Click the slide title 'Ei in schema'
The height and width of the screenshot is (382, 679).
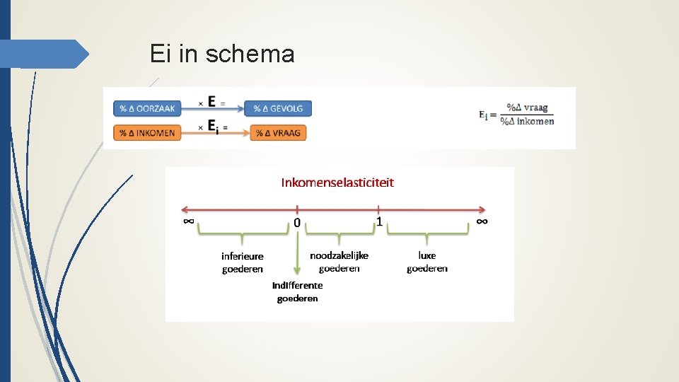[x=222, y=54]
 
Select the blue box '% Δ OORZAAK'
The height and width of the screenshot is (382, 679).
[x=147, y=108]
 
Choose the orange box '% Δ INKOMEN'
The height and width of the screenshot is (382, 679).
[x=147, y=132]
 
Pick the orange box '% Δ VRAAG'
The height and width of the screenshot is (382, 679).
[x=278, y=132]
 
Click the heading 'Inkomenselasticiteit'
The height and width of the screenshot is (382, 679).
[x=337, y=183]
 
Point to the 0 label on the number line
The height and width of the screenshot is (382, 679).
[x=297, y=223]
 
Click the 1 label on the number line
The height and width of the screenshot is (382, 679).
[x=379, y=221]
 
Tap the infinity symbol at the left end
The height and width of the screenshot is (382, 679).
[x=188, y=221]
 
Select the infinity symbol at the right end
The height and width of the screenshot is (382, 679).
[x=482, y=221]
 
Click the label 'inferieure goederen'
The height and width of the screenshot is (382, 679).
[x=242, y=262]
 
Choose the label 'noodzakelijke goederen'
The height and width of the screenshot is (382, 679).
[x=339, y=262]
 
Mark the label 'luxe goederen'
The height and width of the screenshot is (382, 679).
[x=426, y=262]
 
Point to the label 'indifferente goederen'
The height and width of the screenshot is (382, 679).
[x=297, y=291]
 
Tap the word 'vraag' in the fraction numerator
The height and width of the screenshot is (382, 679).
[x=535, y=108]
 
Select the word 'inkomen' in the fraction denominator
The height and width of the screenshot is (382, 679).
[x=535, y=120]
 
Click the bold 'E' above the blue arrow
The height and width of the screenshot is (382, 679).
[x=212, y=101]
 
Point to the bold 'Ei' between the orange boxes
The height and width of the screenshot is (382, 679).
[x=213, y=127]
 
